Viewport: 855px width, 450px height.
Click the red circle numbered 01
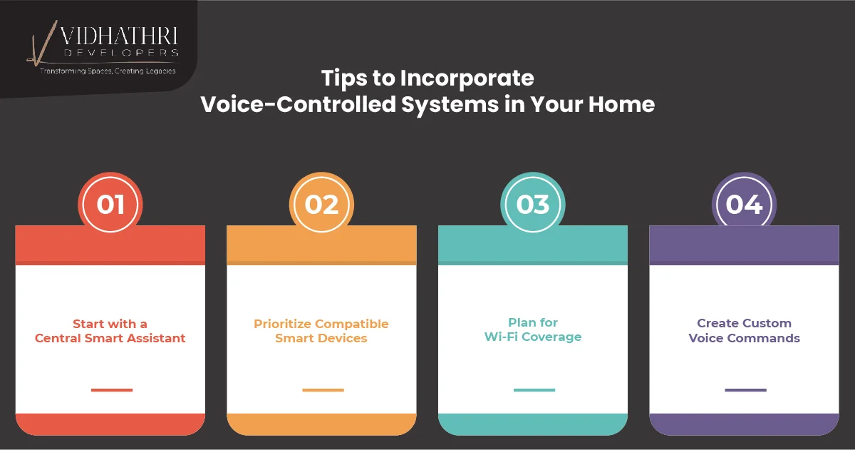(110, 205)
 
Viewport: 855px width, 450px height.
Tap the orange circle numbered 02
(321, 205)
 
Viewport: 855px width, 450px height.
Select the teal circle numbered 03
(533, 205)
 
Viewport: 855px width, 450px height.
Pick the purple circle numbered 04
(744, 205)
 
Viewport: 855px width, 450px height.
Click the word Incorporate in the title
(467, 78)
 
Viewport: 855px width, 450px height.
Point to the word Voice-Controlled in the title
(299, 104)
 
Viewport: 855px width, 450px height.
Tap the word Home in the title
(621, 104)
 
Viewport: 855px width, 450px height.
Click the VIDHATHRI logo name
(119, 36)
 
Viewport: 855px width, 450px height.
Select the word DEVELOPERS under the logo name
(121, 53)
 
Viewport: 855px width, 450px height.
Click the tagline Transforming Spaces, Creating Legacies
(108, 71)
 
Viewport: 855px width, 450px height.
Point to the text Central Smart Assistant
(110, 338)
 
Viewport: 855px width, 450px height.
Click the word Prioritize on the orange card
(282, 324)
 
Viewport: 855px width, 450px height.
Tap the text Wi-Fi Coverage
(533, 337)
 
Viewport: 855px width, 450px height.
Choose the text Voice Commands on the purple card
(744, 338)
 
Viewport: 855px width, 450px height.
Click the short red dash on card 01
(112, 390)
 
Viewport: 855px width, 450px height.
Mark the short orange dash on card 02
(323, 390)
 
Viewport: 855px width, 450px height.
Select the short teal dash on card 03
(534, 390)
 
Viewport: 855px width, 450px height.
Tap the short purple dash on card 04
(745, 390)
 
